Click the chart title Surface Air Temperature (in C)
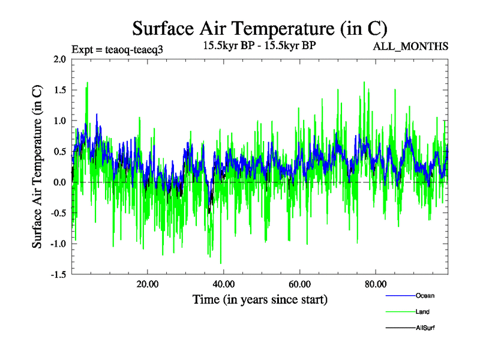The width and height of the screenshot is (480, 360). pos(259,28)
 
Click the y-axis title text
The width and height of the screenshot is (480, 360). pos(37,167)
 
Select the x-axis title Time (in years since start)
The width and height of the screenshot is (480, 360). pos(260,299)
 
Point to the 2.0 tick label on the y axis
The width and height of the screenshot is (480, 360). pos(59,59)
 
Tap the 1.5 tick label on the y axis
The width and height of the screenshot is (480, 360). pos(59,90)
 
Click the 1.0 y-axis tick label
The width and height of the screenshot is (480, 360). pos(59,121)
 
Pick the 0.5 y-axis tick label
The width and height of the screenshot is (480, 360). pos(59,151)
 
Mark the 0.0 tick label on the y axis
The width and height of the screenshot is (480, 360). pos(59,182)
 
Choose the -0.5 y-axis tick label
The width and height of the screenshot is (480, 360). pos(58,213)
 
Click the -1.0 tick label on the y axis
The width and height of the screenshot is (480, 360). pos(58,244)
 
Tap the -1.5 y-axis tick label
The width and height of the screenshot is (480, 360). pos(58,275)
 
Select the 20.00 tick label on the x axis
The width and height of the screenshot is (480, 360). pos(147,284)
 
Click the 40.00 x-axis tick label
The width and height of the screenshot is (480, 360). pos(223,284)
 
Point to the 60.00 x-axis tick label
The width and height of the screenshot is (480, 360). pos(299,284)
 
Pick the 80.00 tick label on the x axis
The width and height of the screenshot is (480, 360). pos(375,284)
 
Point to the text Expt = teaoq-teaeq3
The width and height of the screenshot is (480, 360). pos(117,49)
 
